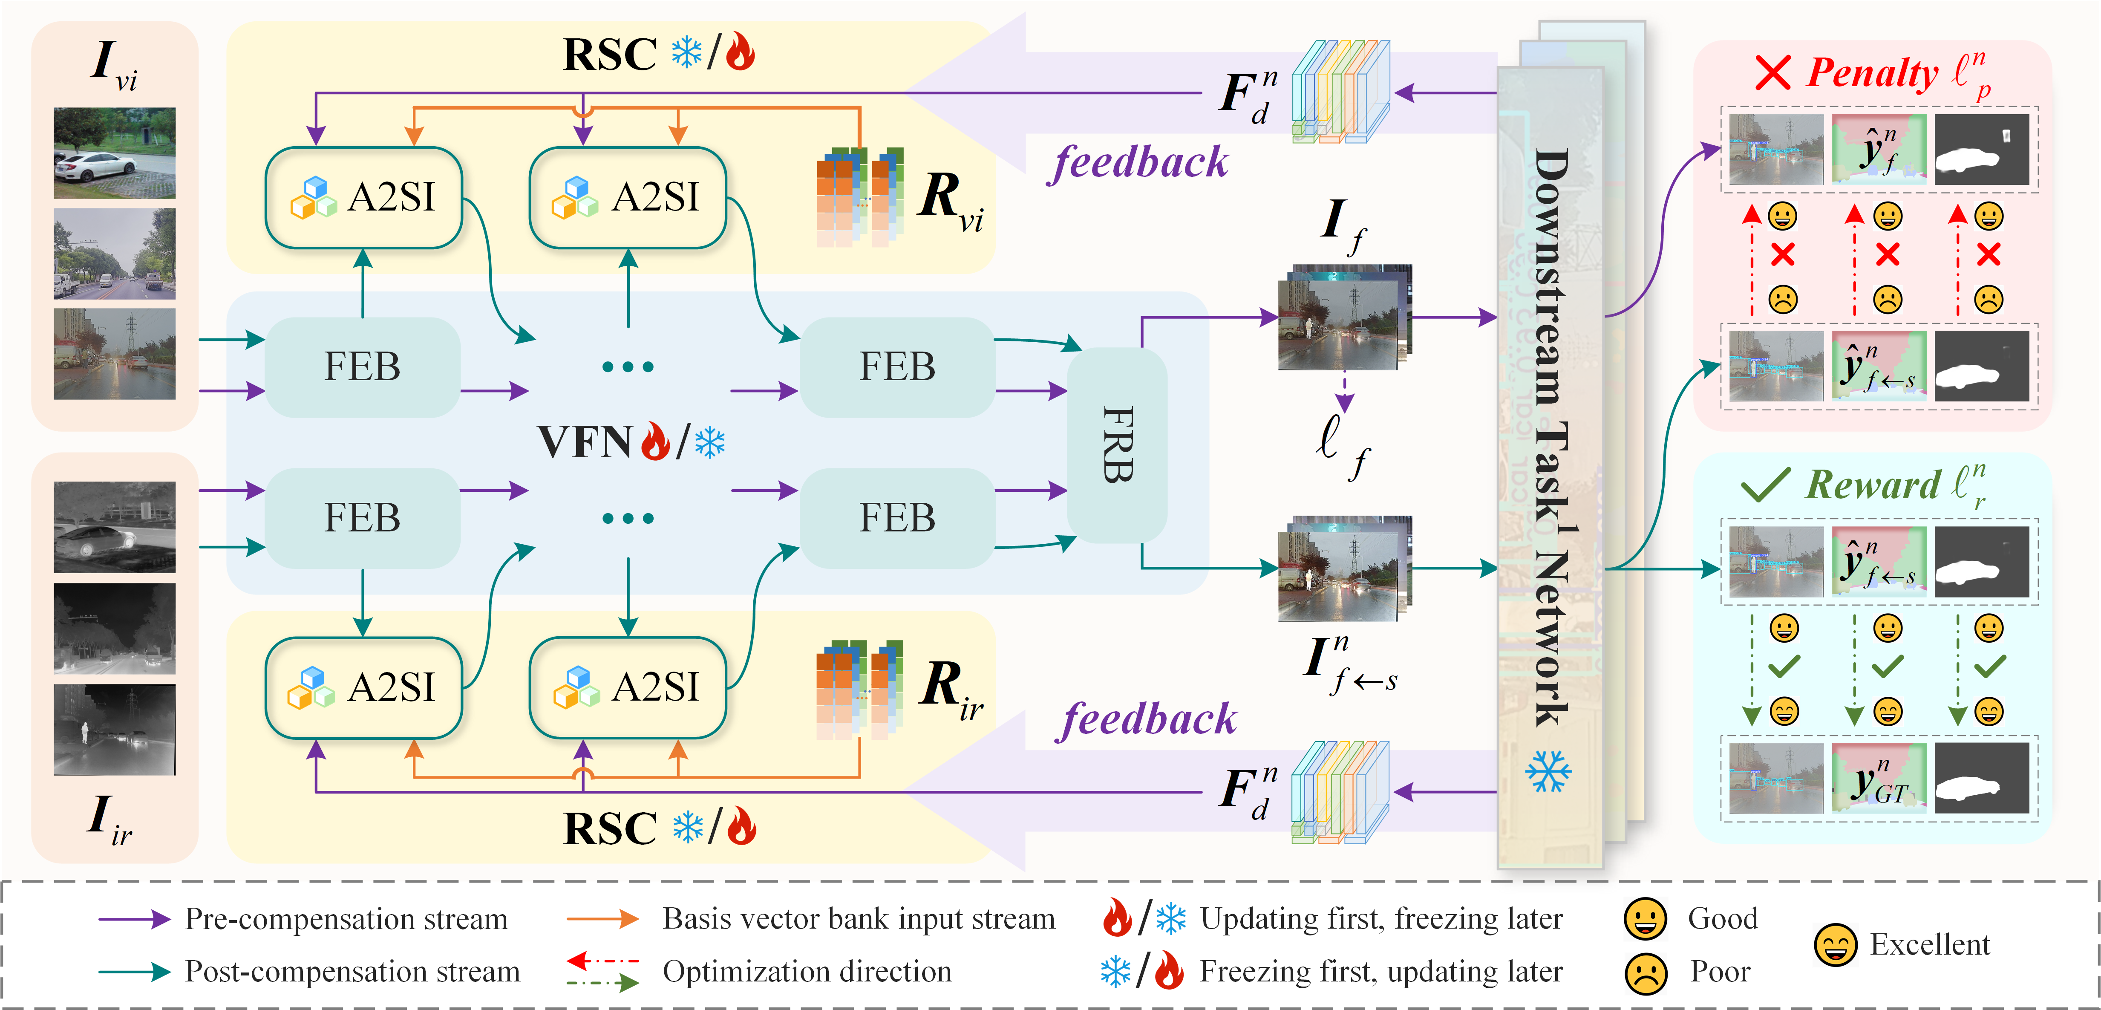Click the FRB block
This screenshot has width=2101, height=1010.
click(x=1117, y=444)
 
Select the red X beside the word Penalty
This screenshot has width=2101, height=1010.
click(x=1772, y=73)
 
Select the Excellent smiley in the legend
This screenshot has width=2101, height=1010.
click(x=1835, y=945)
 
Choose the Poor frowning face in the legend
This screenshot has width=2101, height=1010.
click(x=1646, y=973)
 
